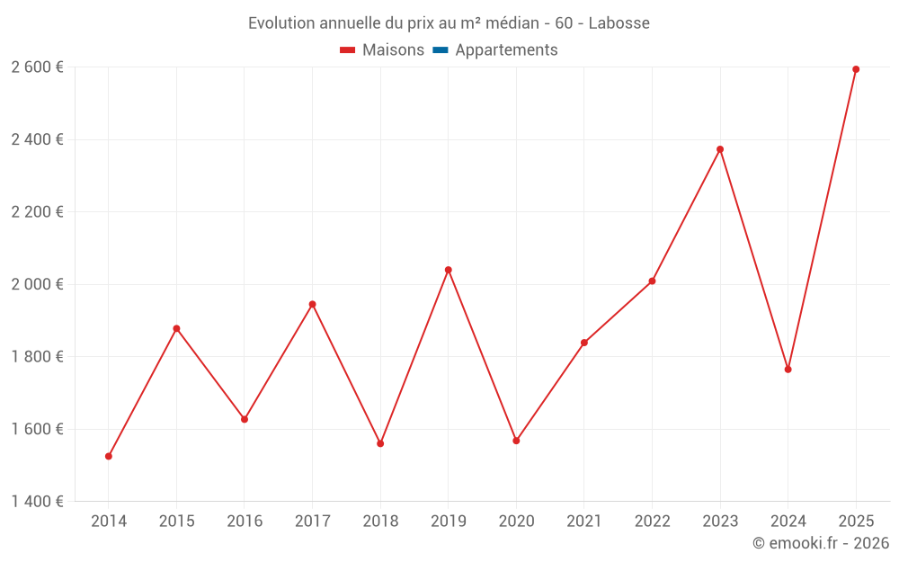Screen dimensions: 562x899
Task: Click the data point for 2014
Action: (x=109, y=456)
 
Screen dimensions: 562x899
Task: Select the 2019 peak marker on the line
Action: (x=449, y=270)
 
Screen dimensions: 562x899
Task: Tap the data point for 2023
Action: (x=720, y=149)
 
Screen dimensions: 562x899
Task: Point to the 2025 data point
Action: (x=856, y=69)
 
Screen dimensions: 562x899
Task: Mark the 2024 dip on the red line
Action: (x=788, y=370)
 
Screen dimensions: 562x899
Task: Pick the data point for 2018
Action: (x=380, y=443)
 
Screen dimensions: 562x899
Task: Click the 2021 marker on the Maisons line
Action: (x=584, y=343)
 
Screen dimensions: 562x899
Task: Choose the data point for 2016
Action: (x=245, y=419)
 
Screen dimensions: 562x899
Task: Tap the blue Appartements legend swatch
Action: (x=441, y=50)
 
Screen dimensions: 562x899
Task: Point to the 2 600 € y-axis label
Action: (x=37, y=67)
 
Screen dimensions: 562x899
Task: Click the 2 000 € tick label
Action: (x=37, y=284)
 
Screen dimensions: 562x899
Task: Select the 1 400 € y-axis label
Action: (x=37, y=501)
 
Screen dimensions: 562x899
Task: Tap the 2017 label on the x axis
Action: (x=312, y=522)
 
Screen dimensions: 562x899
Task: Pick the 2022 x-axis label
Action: (x=652, y=522)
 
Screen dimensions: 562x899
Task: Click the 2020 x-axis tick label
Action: (x=516, y=522)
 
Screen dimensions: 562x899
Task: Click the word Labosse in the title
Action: (x=619, y=23)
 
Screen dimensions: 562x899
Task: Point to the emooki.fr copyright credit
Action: (x=820, y=543)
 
